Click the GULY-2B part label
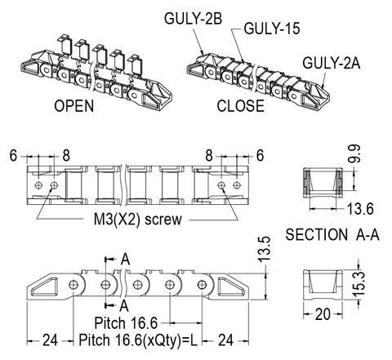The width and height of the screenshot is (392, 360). (193, 19)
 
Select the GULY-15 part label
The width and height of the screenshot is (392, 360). (272, 29)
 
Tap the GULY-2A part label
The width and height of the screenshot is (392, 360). (331, 63)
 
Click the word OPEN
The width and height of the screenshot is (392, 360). (74, 105)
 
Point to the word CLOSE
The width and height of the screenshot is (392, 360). (241, 105)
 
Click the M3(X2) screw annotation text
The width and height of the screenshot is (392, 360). (137, 220)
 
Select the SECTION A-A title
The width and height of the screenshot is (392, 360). (332, 234)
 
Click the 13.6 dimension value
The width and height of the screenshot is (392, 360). (360, 209)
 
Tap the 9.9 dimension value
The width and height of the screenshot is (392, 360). (355, 154)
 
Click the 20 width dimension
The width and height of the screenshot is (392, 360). (323, 314)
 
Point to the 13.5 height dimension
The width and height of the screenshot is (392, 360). (264, 249)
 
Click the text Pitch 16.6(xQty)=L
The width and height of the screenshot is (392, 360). (138, 340)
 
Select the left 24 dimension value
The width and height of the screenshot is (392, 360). (51, 340)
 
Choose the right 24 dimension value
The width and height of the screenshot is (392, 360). (226, 340)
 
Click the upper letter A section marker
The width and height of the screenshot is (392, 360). (125, 259)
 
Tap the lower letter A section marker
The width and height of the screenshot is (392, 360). (124, 305)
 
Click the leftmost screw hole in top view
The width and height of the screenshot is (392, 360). (38, 185)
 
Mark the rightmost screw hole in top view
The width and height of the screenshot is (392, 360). (237, 185)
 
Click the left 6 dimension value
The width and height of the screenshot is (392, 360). (13, 156)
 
